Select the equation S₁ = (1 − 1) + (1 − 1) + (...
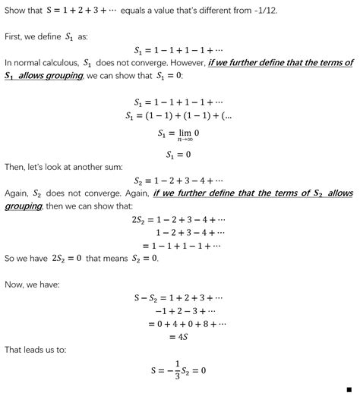(179, 115)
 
